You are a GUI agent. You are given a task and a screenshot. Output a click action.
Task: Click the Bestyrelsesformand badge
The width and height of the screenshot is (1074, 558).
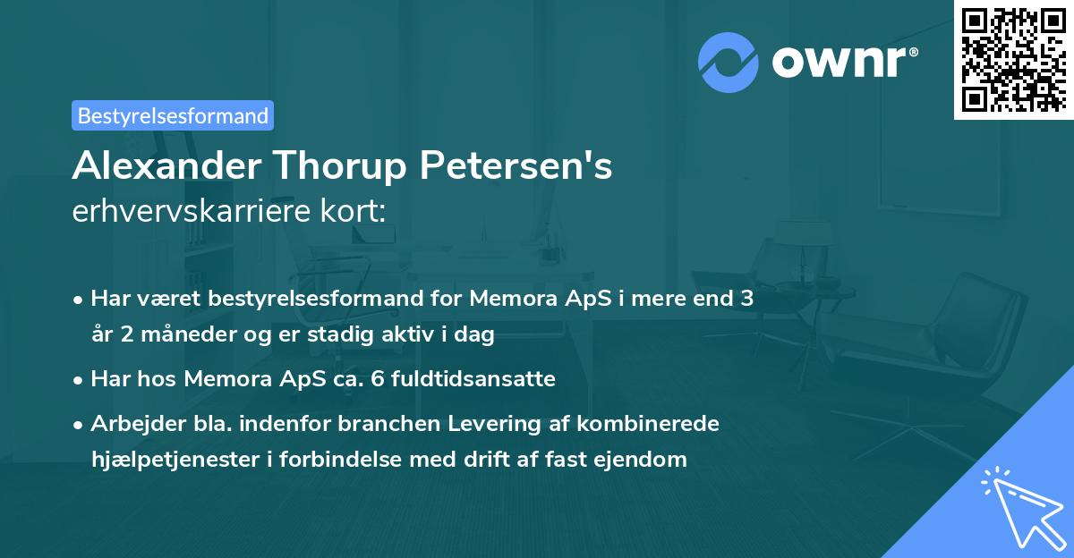(173, 115)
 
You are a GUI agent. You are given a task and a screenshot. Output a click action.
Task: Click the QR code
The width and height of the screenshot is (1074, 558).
(1013, 59)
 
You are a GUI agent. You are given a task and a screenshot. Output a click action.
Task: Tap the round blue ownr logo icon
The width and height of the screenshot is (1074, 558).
(729, 63)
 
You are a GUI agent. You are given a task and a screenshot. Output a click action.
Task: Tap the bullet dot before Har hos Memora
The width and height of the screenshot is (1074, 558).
(80, 380)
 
